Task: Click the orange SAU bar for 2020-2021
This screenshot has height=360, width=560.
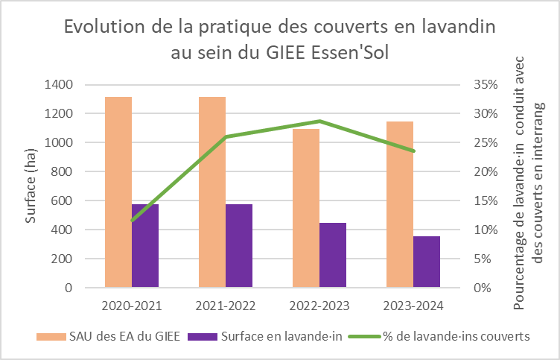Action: [118, 192]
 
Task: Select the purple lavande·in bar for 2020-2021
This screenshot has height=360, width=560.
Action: [145, 246]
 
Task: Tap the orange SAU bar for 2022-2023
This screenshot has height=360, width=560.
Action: [306, 208]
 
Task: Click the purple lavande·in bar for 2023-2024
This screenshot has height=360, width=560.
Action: [427, 262]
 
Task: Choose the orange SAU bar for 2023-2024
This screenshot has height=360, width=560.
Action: [400, 204]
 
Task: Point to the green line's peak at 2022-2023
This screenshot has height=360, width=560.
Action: [319, 121]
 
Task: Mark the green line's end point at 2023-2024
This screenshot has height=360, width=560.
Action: [413, 151]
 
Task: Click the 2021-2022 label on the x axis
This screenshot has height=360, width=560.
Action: [226, 306]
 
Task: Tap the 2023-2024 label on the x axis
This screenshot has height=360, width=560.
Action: [413, 306]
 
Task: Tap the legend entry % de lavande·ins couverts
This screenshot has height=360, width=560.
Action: [456, 336]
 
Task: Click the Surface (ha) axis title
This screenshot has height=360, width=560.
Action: [31, 186]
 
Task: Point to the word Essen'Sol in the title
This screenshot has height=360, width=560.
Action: [348, 53]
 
